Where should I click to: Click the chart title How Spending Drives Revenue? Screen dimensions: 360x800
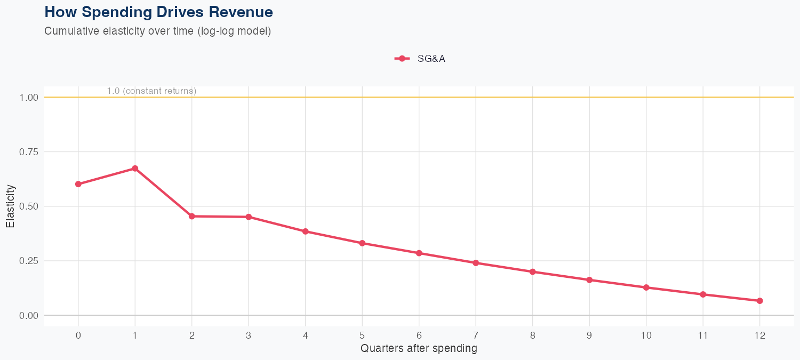click(158, 12)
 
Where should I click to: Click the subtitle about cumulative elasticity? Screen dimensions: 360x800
click(158, 31)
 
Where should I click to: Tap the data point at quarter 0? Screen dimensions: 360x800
click(78, 184)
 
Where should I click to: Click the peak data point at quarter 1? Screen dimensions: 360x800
click(135, 169)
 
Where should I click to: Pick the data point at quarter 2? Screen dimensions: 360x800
click(192, 216)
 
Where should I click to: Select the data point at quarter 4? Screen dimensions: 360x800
click(306, 231)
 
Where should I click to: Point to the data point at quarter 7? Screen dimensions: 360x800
click(476, 263)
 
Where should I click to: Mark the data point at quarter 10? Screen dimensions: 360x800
click(646, 287)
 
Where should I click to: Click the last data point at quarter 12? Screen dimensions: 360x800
click(759, 301)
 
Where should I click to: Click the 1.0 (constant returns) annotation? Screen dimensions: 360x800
click(151, 91)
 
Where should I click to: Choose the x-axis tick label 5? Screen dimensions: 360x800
click(362, 335)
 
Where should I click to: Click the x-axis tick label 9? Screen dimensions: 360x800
click(589, 335)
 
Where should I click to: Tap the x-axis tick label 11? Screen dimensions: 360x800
click(703, 335)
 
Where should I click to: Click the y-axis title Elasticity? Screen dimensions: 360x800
click(10, 206)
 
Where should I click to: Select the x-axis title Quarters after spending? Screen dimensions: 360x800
click(419, 349)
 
